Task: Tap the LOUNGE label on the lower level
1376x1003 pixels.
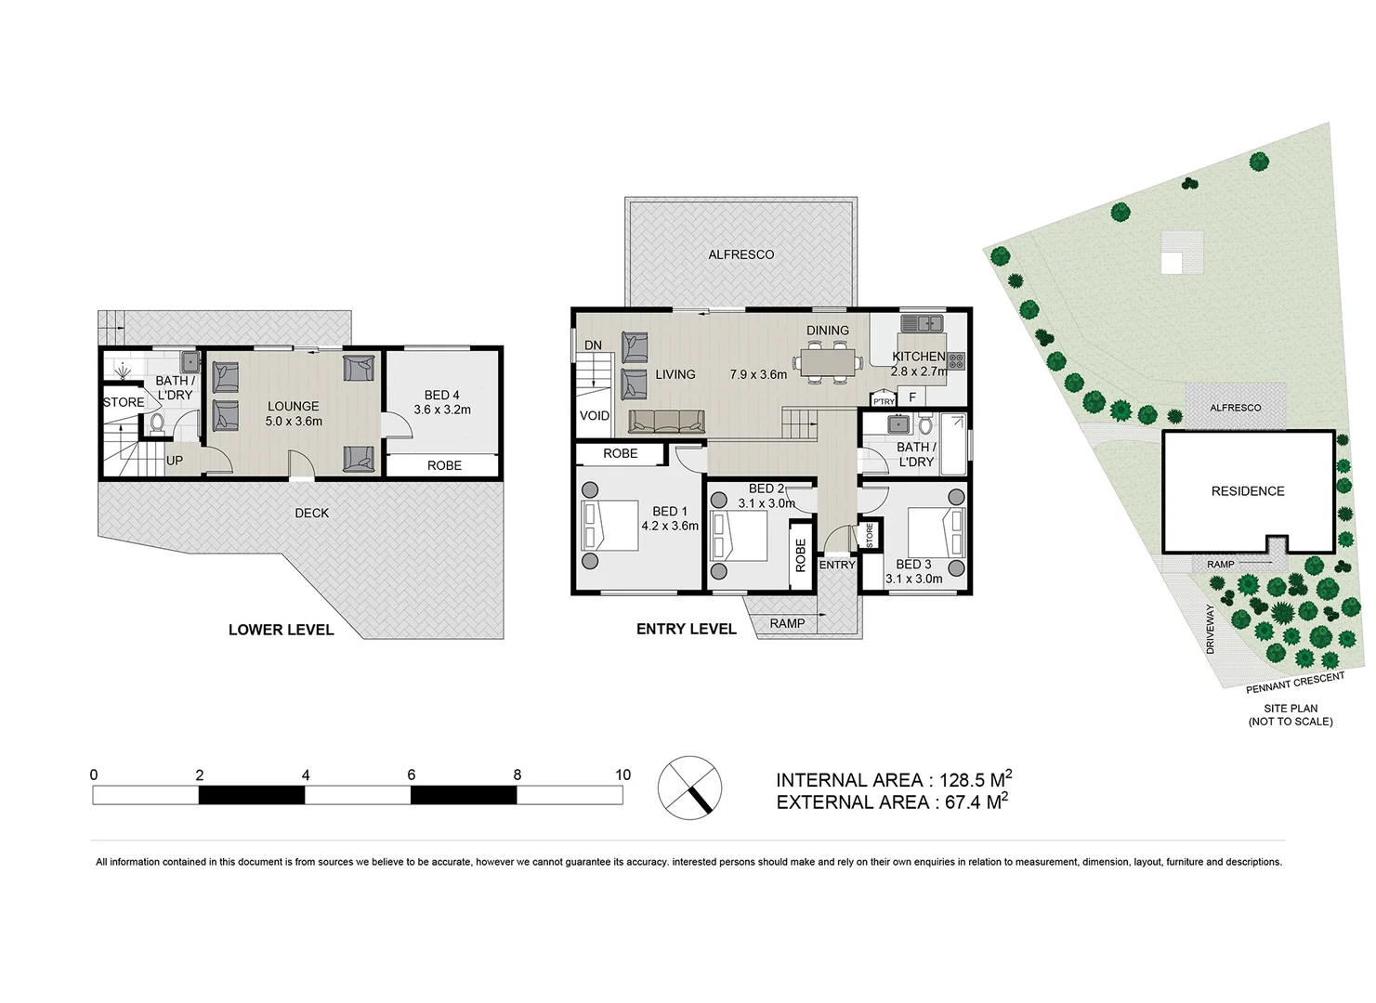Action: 293,407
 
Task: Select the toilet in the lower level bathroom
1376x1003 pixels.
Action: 156,423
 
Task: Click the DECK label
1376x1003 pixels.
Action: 312,513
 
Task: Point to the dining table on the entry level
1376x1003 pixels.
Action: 827,360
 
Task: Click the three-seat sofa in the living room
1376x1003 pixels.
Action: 667,423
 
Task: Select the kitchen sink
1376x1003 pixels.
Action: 922,324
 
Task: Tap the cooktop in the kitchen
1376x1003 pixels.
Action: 956,360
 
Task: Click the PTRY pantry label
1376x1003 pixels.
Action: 884,401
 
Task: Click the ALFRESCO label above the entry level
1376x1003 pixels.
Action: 740,254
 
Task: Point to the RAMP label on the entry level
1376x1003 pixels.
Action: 787,623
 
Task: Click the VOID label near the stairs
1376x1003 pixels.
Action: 595,416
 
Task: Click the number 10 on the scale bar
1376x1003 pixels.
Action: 622,775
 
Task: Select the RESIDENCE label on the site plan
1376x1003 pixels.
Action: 1248,491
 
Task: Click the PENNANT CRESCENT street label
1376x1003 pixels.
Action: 1295,684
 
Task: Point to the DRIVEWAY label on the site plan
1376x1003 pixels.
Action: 1211,630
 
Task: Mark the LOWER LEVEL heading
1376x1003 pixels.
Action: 281,630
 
